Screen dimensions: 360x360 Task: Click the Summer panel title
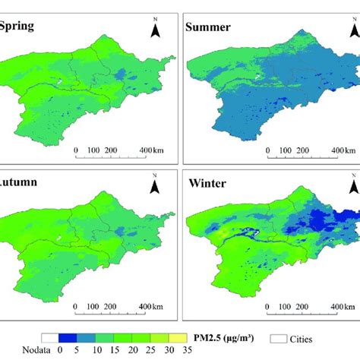point(214,28)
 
